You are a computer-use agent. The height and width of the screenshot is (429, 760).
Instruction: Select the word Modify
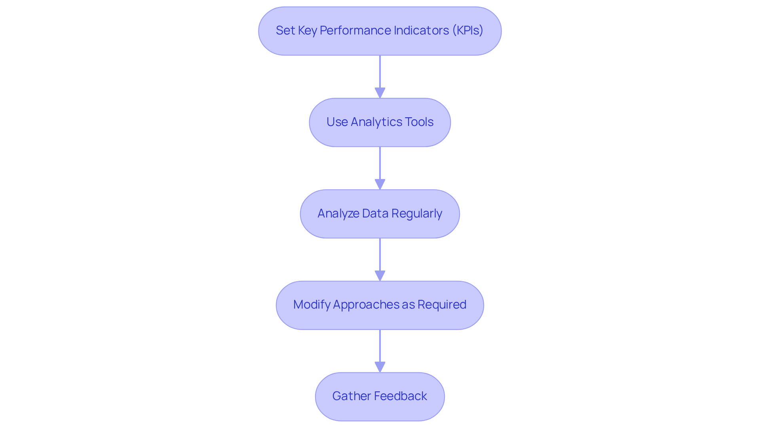[312, 305]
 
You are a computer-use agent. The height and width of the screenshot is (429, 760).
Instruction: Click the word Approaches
[366, 305]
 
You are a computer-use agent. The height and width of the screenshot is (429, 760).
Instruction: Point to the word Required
[442, 305]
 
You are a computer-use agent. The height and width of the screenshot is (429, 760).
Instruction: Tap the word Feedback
[400, 396]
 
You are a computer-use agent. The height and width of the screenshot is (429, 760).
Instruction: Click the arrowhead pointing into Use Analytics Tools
[380, 93]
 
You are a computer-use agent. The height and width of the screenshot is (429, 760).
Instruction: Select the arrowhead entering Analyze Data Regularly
[380, 184]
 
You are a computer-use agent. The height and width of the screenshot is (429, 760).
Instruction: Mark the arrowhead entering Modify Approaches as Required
[380, 276]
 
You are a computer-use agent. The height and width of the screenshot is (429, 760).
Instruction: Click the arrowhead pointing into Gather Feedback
[380, 367]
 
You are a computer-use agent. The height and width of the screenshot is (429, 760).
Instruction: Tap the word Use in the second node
[337, 122]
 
